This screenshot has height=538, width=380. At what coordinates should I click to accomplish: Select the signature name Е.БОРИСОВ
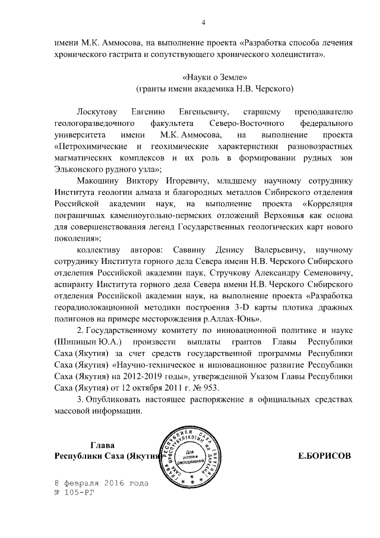[x=324, y=455]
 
